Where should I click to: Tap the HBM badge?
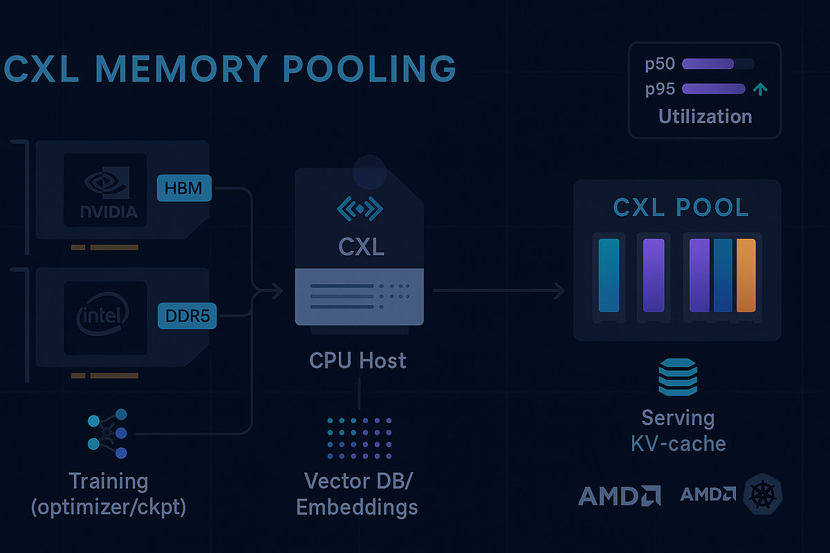coord(185,188)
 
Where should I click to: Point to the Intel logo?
coord(102,317)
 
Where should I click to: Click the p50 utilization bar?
coord(708,64)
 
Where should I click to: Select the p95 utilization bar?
coord(713,88)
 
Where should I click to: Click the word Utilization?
coord(705,116)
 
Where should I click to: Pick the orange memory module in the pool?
coord(746,275)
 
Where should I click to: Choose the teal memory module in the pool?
coord(609,275)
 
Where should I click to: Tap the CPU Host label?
coord(358,360)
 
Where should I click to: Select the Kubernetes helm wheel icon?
coord(762,495)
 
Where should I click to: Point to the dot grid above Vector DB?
coord(359,439)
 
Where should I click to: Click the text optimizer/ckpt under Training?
coord(109,507)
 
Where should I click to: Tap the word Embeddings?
coord(357,507)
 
